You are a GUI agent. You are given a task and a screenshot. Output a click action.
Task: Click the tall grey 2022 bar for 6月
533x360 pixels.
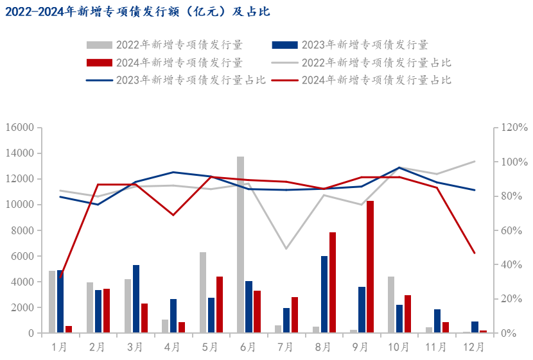[240, 244]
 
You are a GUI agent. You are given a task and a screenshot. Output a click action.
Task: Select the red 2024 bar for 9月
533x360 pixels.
[370, 267]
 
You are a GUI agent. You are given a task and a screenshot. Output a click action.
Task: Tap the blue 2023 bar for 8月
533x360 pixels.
[324, 295]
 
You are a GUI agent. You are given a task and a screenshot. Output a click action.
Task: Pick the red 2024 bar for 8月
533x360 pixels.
[333, 282]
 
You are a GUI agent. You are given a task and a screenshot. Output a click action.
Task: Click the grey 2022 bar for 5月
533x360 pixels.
[203, 293]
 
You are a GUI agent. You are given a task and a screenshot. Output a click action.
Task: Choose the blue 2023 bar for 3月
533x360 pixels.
[136, 299]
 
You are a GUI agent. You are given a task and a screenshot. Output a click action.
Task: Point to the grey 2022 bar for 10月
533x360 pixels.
[391, 305]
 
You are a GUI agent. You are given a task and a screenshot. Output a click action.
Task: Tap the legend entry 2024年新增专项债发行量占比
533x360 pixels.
[376, 80]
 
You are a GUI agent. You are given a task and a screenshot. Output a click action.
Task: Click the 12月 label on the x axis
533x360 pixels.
[474, 347]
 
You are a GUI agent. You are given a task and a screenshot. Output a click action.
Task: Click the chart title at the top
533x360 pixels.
[137, 12]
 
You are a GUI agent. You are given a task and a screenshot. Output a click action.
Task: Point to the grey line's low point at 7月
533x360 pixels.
[286, 249]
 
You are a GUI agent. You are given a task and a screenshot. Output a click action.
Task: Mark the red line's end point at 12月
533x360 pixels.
[475, 253]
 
